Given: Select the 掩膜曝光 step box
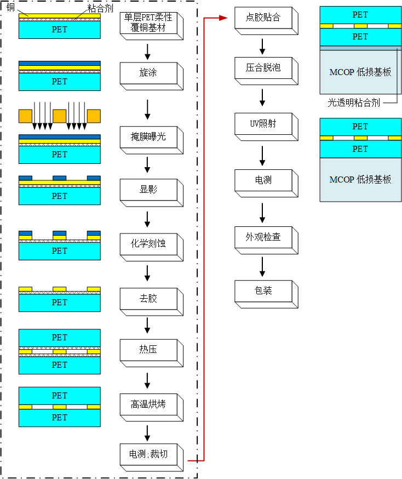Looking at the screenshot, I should pos(148,136).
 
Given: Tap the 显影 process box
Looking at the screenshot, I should pos(148,190).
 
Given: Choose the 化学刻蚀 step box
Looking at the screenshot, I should pos(148,243).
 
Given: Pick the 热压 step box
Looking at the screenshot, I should pos(148,349).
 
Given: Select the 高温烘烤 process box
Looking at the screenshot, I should pos(148,404).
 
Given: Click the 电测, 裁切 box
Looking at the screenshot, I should pos(148,454).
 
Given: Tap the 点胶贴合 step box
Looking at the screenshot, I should pos(263,18).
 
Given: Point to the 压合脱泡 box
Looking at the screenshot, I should pos(263,67).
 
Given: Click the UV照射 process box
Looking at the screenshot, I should pos(263,124).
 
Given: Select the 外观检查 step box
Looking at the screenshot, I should pos(263,237).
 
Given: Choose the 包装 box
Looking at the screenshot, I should pos(263,290).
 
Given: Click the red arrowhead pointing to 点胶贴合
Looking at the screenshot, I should pos(223,18).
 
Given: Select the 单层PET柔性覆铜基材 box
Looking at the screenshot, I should pos(148,21).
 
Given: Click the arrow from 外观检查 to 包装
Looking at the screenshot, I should pos(263,266).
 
